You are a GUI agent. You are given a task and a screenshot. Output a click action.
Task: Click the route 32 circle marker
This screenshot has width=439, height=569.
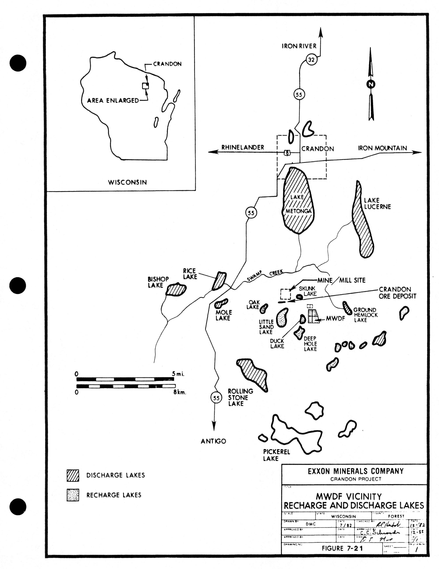(311, 60)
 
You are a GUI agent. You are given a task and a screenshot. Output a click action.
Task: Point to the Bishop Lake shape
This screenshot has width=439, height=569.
(176, 289)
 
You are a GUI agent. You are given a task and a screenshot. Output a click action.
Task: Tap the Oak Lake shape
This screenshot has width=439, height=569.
(264, 308)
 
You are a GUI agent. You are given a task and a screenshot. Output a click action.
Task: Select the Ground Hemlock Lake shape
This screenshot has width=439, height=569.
(347, 308)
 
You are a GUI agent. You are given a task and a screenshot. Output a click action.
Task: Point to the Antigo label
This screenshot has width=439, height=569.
(213, 441)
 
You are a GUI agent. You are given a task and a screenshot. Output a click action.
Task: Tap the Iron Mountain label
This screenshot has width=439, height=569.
(382, 148)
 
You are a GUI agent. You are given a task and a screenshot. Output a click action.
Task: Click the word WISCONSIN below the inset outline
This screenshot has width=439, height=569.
(127, 182)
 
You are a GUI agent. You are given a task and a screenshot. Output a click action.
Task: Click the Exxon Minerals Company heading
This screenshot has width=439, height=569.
(356, 471)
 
